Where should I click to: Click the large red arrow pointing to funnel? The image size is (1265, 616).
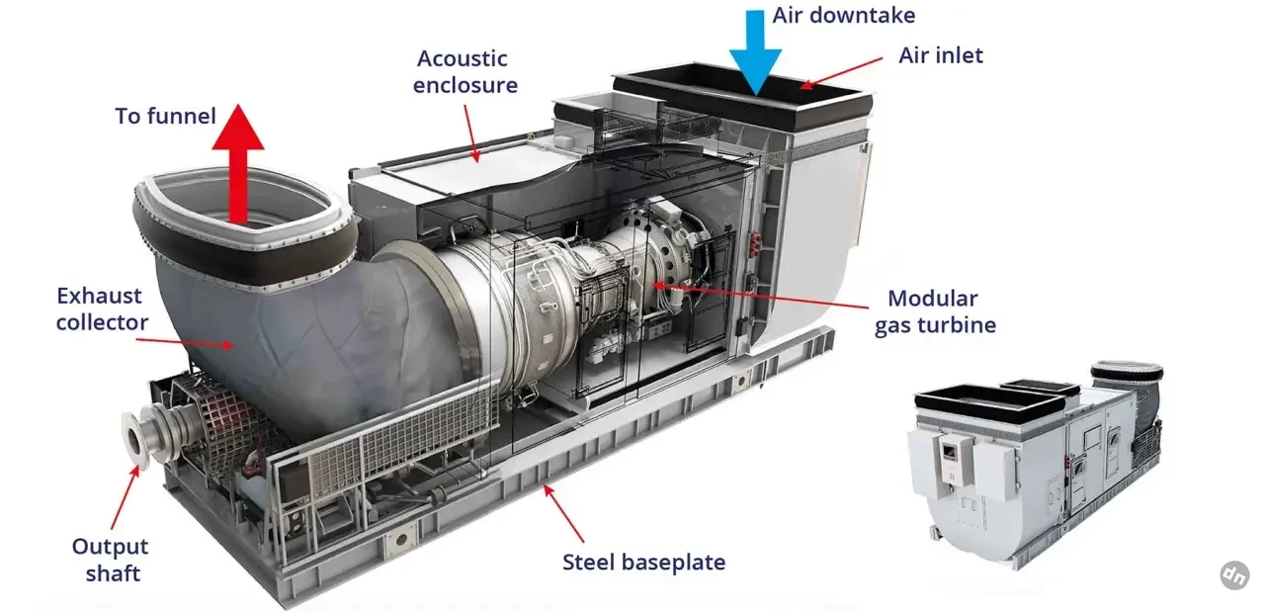[x=238, y=164]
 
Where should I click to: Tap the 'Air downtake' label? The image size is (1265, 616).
[x=844, y=15]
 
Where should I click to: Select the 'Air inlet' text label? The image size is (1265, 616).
[x=940, y=55]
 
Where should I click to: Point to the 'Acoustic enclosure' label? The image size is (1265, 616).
[x=464, y=72]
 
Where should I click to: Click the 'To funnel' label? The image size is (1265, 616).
[x=165, y=116]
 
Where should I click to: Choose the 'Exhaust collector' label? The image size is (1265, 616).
[x=102, y=309]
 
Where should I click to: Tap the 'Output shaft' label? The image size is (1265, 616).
[x=110, y=560]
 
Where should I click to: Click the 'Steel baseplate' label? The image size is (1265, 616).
[x=643, y=563]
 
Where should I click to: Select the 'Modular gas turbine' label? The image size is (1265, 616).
[x=935, y=311]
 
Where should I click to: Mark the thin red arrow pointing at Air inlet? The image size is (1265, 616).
[x=841, y=73]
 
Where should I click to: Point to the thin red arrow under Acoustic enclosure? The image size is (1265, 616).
[x=472, y=133]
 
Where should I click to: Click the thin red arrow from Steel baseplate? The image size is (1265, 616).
[x=564, y=513]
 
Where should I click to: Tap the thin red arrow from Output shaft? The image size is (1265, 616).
[x=125, y=497]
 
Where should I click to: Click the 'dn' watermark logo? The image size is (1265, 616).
[x=1234, y=575]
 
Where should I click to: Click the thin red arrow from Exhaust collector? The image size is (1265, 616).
[x=185, y=342]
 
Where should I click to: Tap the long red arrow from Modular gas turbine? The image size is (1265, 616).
[x=761, y=296]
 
